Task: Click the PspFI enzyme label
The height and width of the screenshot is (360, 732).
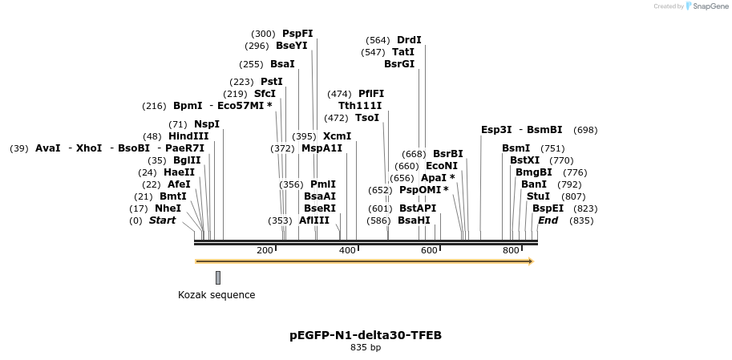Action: tap(297, 34)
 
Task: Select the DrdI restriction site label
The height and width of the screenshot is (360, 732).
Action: tap(409, 40)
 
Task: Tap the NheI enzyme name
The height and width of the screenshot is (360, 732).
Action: tap(168, 208)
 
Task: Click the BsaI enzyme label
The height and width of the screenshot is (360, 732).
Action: tap(282, 64)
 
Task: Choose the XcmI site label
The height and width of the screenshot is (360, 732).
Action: tap(337, 136)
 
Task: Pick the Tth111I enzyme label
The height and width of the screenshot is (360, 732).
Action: tap(360, 106)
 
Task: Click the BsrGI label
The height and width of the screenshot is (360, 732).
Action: tap(399, 64)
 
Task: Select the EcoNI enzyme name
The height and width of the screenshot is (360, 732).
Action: tap(442, 166)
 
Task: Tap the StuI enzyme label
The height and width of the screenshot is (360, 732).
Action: tap(537, 196)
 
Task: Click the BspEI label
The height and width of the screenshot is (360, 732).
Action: tap(548, 208)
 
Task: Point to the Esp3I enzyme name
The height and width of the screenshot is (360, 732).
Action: tap(496, 130)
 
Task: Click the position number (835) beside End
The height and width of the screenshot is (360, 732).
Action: tap(581, 220)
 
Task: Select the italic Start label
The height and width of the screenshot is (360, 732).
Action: tap(162, 220)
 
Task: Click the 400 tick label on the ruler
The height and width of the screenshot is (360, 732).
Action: tap(347, 251)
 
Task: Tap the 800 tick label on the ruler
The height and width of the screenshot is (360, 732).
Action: tap(511, 251)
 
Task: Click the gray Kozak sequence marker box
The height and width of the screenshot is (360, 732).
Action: tap(218, 277)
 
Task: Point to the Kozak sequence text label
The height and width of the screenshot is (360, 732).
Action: tap(216, 295)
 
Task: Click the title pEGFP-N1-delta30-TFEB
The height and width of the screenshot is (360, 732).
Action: tap(366, 335)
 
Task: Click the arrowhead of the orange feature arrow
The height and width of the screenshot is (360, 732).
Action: tap(530, 261)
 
